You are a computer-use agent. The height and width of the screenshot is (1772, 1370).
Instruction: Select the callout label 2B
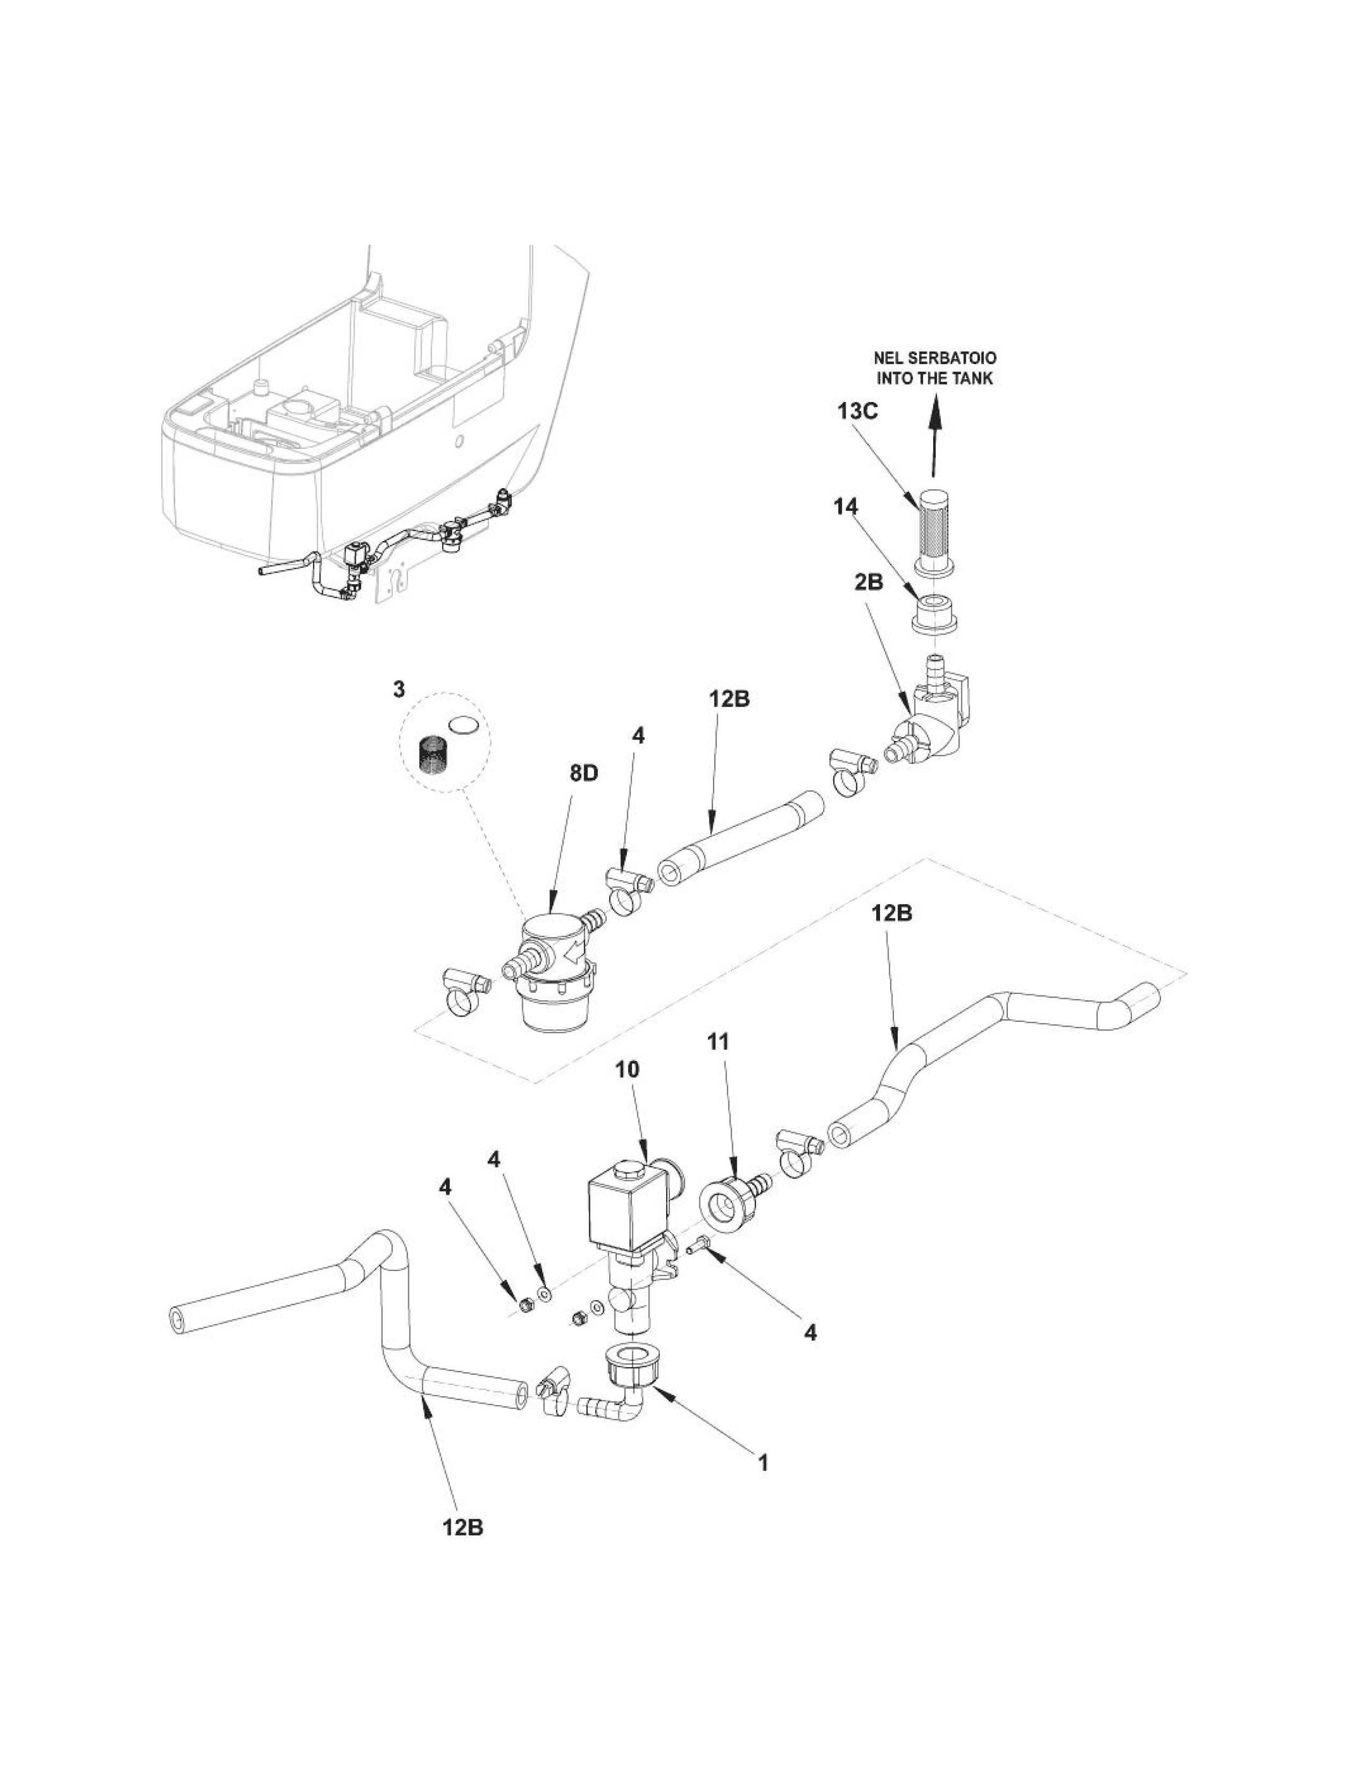[868, 583]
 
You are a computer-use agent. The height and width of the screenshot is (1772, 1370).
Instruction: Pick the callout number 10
[628, 1069]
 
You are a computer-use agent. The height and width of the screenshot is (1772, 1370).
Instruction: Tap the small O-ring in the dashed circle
[463, 724]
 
